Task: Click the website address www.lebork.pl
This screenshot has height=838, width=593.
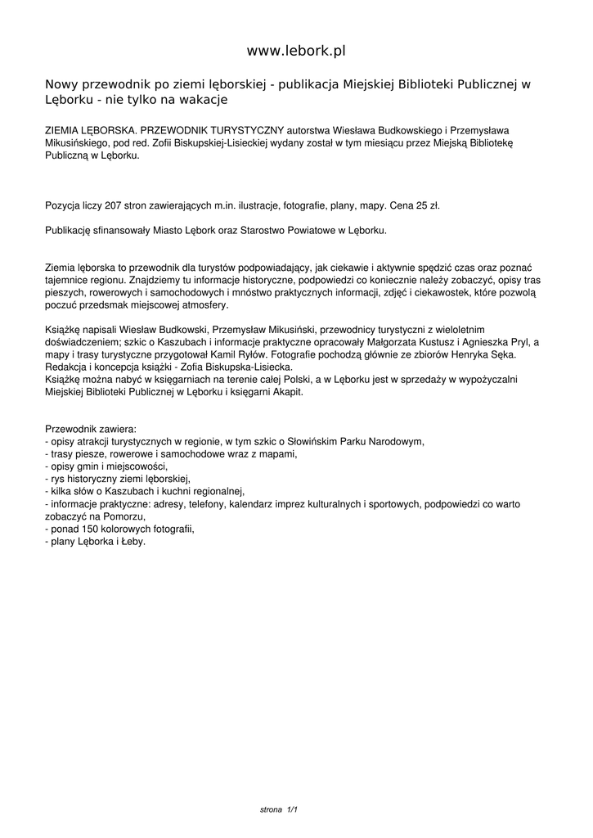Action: point(296,51)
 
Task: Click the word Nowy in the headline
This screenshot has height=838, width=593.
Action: point(60,84)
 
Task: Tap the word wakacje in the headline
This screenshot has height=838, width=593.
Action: point(201,100)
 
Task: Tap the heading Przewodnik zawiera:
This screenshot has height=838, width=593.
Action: point(91,429)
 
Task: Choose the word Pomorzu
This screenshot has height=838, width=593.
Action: point(126,516)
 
